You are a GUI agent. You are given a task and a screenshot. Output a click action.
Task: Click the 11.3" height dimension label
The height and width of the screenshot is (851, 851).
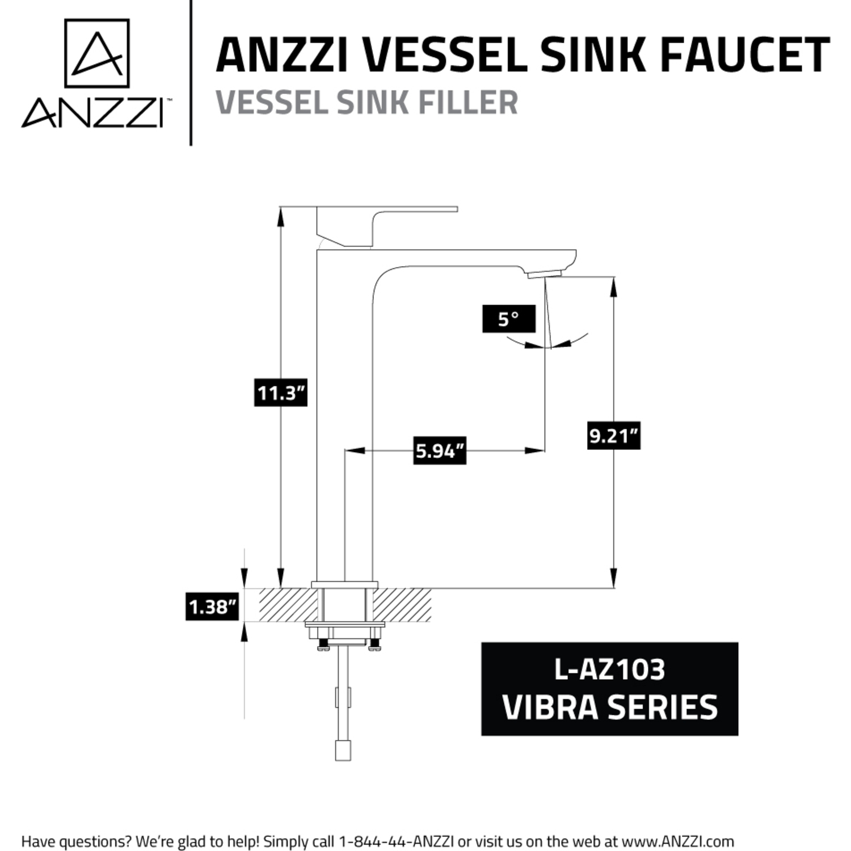pyautogui.click(x=281, y=393)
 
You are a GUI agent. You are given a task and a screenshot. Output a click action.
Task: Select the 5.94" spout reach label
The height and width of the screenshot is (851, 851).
pyautogui.click(x=440, y=450)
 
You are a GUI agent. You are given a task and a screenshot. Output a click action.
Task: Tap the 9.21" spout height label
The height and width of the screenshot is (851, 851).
pyautogui.click(x=614, y=436)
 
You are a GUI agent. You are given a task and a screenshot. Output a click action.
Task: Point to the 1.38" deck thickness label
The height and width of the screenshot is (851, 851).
pyautogui.click(x=212, y=606)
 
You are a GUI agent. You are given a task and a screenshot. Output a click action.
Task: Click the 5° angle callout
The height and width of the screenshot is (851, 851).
pyautogui.click(x=509, y=319)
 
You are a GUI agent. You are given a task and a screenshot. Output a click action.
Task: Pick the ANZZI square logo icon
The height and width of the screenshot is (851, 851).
pyautogui.click(x=97, y=53)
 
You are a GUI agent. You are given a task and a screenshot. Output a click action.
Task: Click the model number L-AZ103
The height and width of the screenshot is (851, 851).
pyautogui.click(x=609, y=669)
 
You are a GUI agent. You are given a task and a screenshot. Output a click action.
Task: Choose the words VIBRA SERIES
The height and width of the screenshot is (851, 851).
pyautogui.click(x=610, y=707)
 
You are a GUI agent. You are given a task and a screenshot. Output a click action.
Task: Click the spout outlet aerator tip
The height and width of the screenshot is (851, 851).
pyautogui.click(x=544, y=274)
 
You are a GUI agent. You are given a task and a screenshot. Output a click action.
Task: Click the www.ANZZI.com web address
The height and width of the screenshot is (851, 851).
pyautogui.click(x=678, y=841)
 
